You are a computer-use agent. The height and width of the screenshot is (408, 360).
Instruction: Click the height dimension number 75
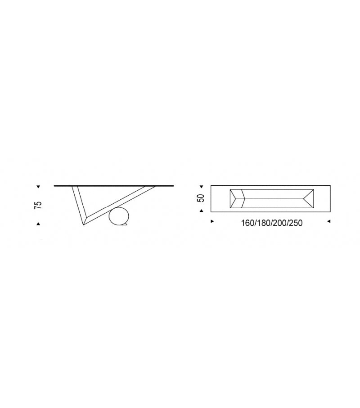(x=38, y=205)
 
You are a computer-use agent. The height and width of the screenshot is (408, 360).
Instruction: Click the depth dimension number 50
(x=201, y=198)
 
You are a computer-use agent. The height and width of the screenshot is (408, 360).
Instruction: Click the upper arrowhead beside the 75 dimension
(x=38, y=187)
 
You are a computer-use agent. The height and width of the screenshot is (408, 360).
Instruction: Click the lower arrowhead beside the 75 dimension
(x=38, y=224)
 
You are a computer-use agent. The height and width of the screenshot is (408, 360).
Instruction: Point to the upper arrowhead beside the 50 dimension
(x=201, y=187)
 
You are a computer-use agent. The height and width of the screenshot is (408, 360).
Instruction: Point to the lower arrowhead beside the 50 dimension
(x=201, y=211)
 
